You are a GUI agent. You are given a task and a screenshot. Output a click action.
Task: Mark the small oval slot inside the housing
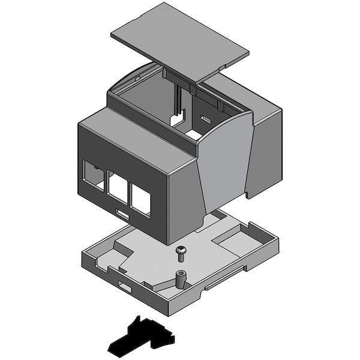206,118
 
